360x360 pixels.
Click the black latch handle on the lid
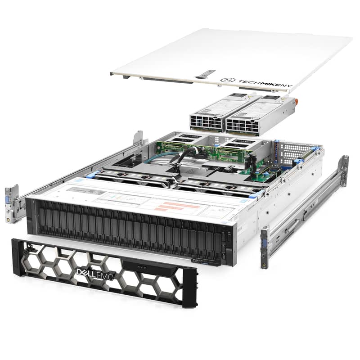pyautogui.click(x=206, y=73)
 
